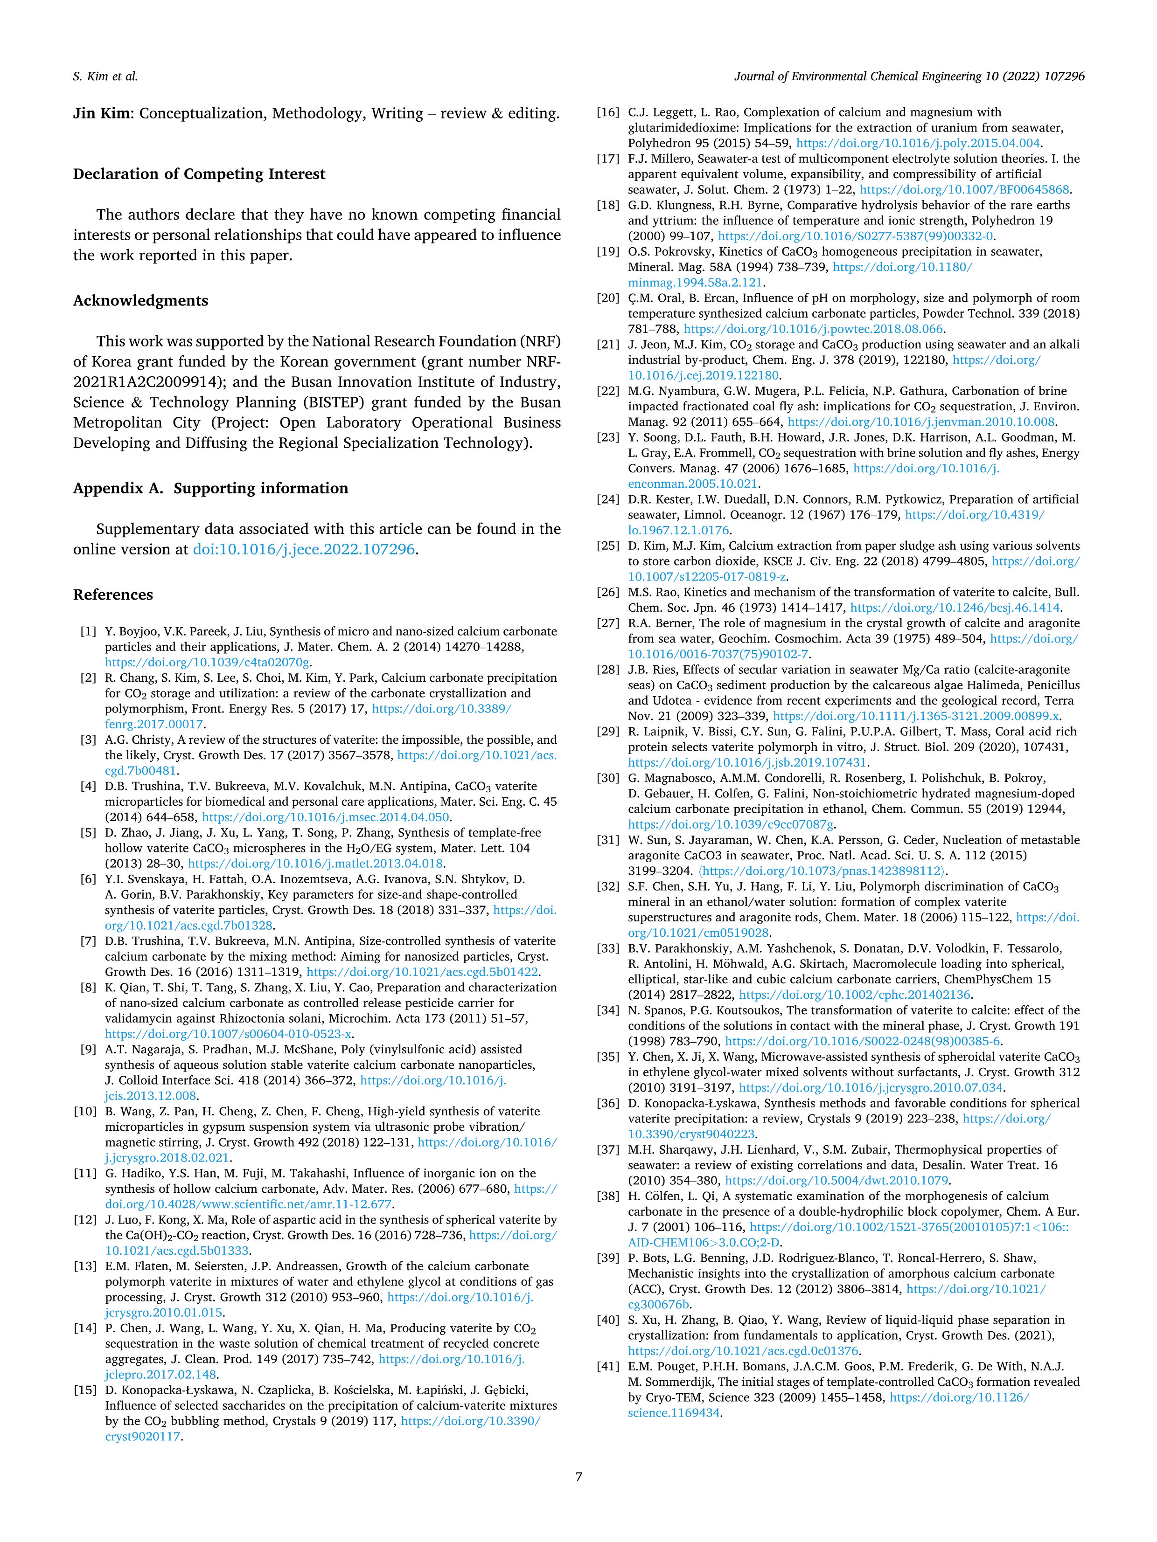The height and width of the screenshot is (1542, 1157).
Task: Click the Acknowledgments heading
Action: [x=140, y=301]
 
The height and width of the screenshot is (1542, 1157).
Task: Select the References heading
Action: [x=113, y=595]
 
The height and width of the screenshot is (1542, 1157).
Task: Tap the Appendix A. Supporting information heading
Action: [x=210, y=489]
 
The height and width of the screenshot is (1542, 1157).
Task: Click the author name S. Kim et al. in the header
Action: [x=105, y=76]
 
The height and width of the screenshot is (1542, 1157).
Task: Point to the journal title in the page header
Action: [x=909, y=76]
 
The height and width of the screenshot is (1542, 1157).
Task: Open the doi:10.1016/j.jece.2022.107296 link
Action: [x=304, y=549]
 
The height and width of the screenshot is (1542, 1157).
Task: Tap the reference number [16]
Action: [x=608, y=112]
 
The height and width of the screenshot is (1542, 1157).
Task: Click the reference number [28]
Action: [x=608, y=670]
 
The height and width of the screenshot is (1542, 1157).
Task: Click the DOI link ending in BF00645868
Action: [x=964, y=190]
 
